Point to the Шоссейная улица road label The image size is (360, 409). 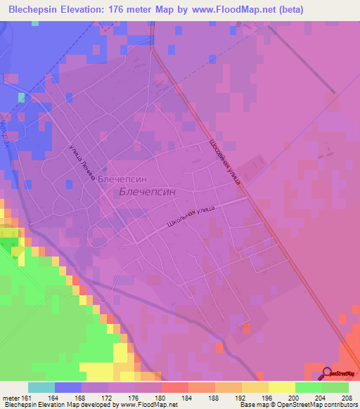coord(224,160)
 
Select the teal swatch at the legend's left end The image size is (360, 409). coord(41,387)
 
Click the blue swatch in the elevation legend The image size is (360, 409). coord(68,387)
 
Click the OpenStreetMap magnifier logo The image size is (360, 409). coord(328,373)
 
